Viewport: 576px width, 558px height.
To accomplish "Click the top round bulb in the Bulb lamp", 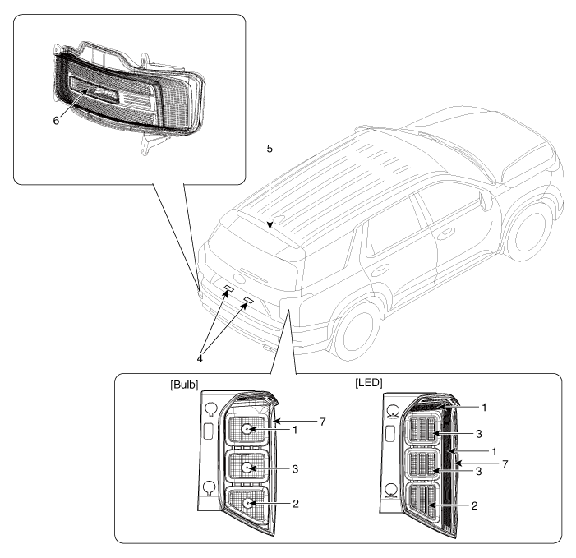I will (246, 430).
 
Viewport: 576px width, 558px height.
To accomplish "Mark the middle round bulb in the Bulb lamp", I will (246, 467).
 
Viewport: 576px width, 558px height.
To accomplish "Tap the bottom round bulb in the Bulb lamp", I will (246, 503).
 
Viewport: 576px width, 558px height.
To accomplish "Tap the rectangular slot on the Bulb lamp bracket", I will (209, 432).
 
